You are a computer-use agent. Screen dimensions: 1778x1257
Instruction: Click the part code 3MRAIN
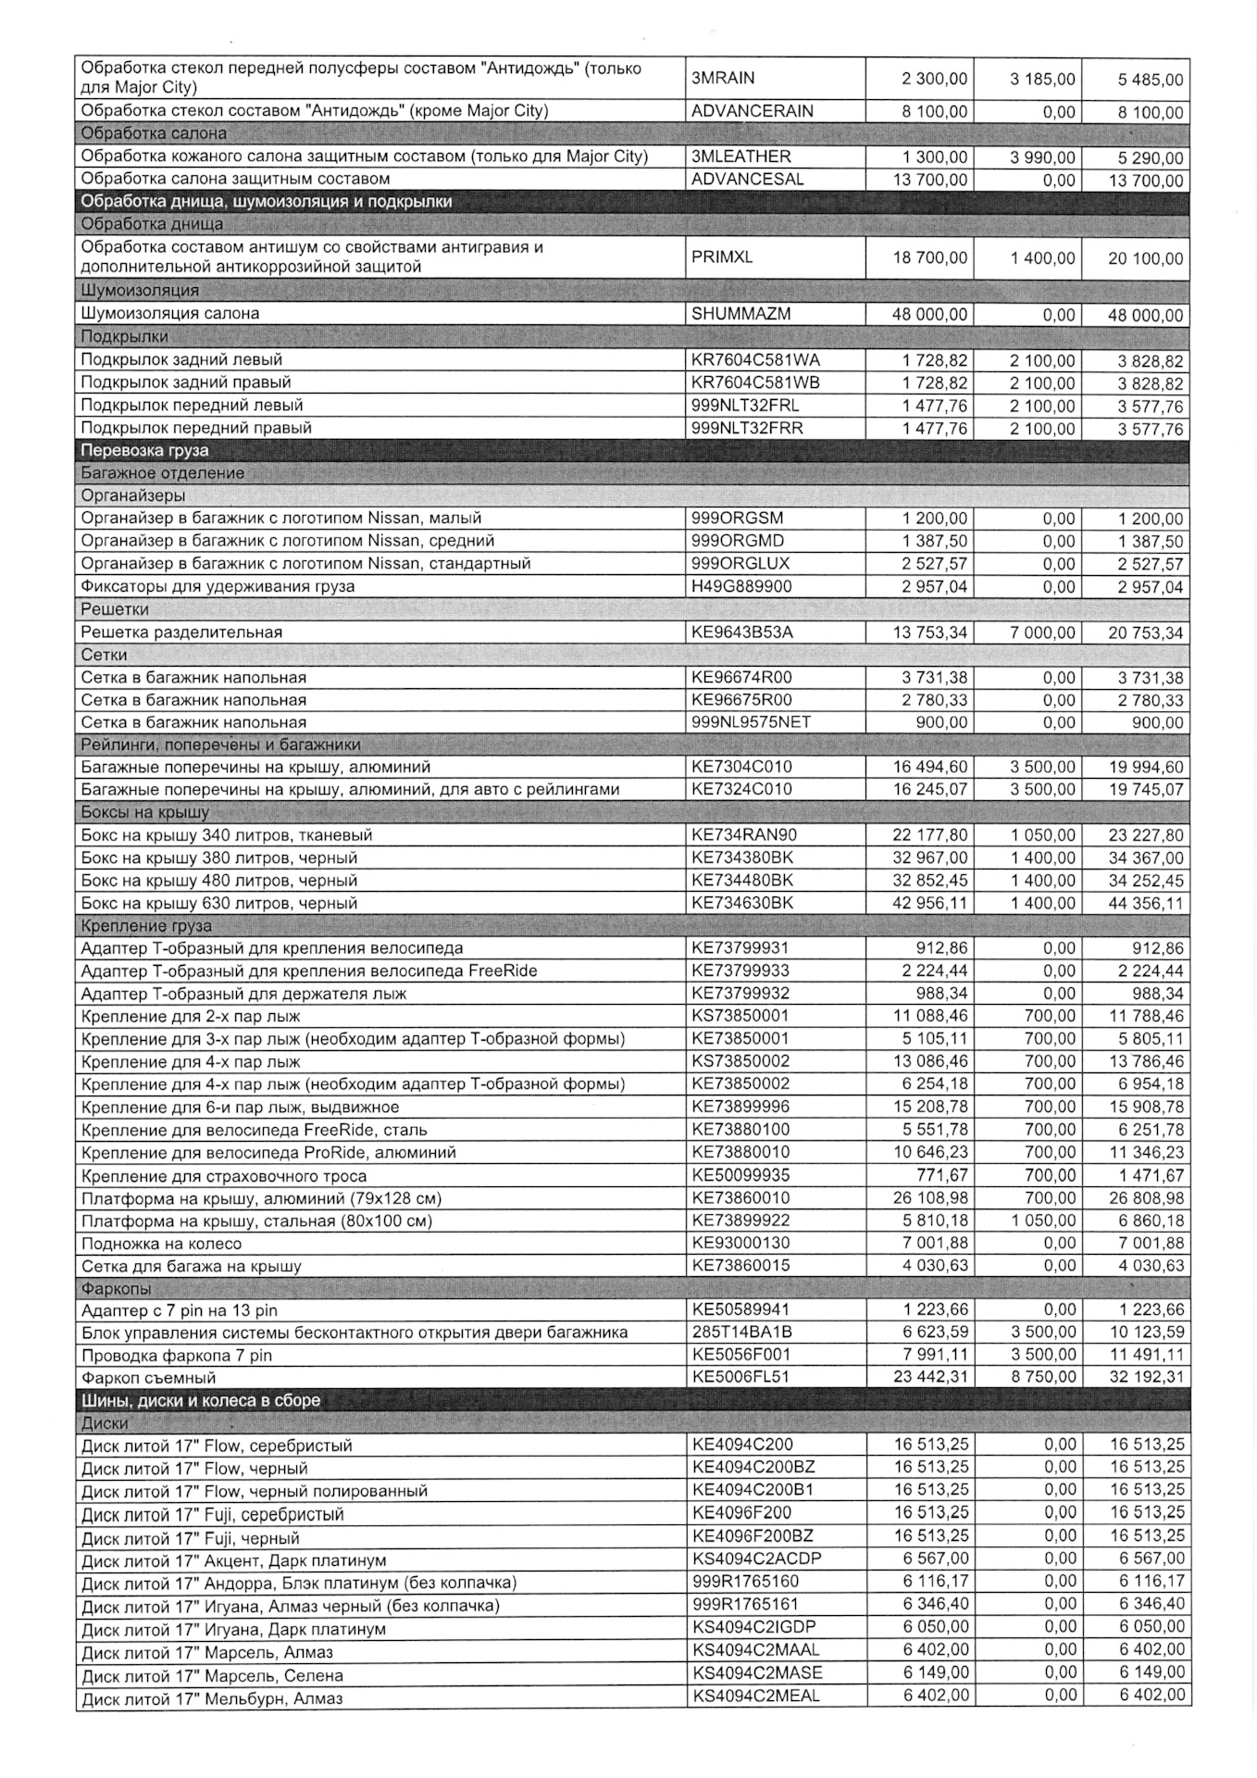723,78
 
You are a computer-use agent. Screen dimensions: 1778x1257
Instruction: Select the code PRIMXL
722,257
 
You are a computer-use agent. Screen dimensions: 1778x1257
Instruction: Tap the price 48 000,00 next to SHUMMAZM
929,314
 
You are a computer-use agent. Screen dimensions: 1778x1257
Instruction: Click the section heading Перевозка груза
144,451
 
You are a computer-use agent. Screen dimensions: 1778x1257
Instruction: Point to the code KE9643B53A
742,632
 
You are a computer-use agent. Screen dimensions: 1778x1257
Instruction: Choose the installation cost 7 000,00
1041,632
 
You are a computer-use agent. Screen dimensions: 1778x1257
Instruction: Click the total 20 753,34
1145,632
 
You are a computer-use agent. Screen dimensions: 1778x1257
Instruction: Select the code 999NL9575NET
751,722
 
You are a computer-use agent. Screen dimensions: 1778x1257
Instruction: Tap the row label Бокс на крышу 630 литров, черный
218,903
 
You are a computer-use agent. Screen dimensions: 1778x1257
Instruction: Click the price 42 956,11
929,903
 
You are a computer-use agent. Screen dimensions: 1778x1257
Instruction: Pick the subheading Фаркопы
116,1288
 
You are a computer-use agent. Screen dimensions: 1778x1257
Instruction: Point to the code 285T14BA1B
741,1333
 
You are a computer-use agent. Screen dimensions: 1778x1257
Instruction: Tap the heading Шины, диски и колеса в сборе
200,1400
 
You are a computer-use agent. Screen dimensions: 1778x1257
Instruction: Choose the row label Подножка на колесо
161,1244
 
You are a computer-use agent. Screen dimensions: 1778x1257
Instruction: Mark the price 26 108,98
929,1198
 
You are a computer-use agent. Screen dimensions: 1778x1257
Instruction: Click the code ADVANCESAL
748,179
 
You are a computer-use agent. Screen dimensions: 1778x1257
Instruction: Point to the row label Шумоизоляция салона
170,314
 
